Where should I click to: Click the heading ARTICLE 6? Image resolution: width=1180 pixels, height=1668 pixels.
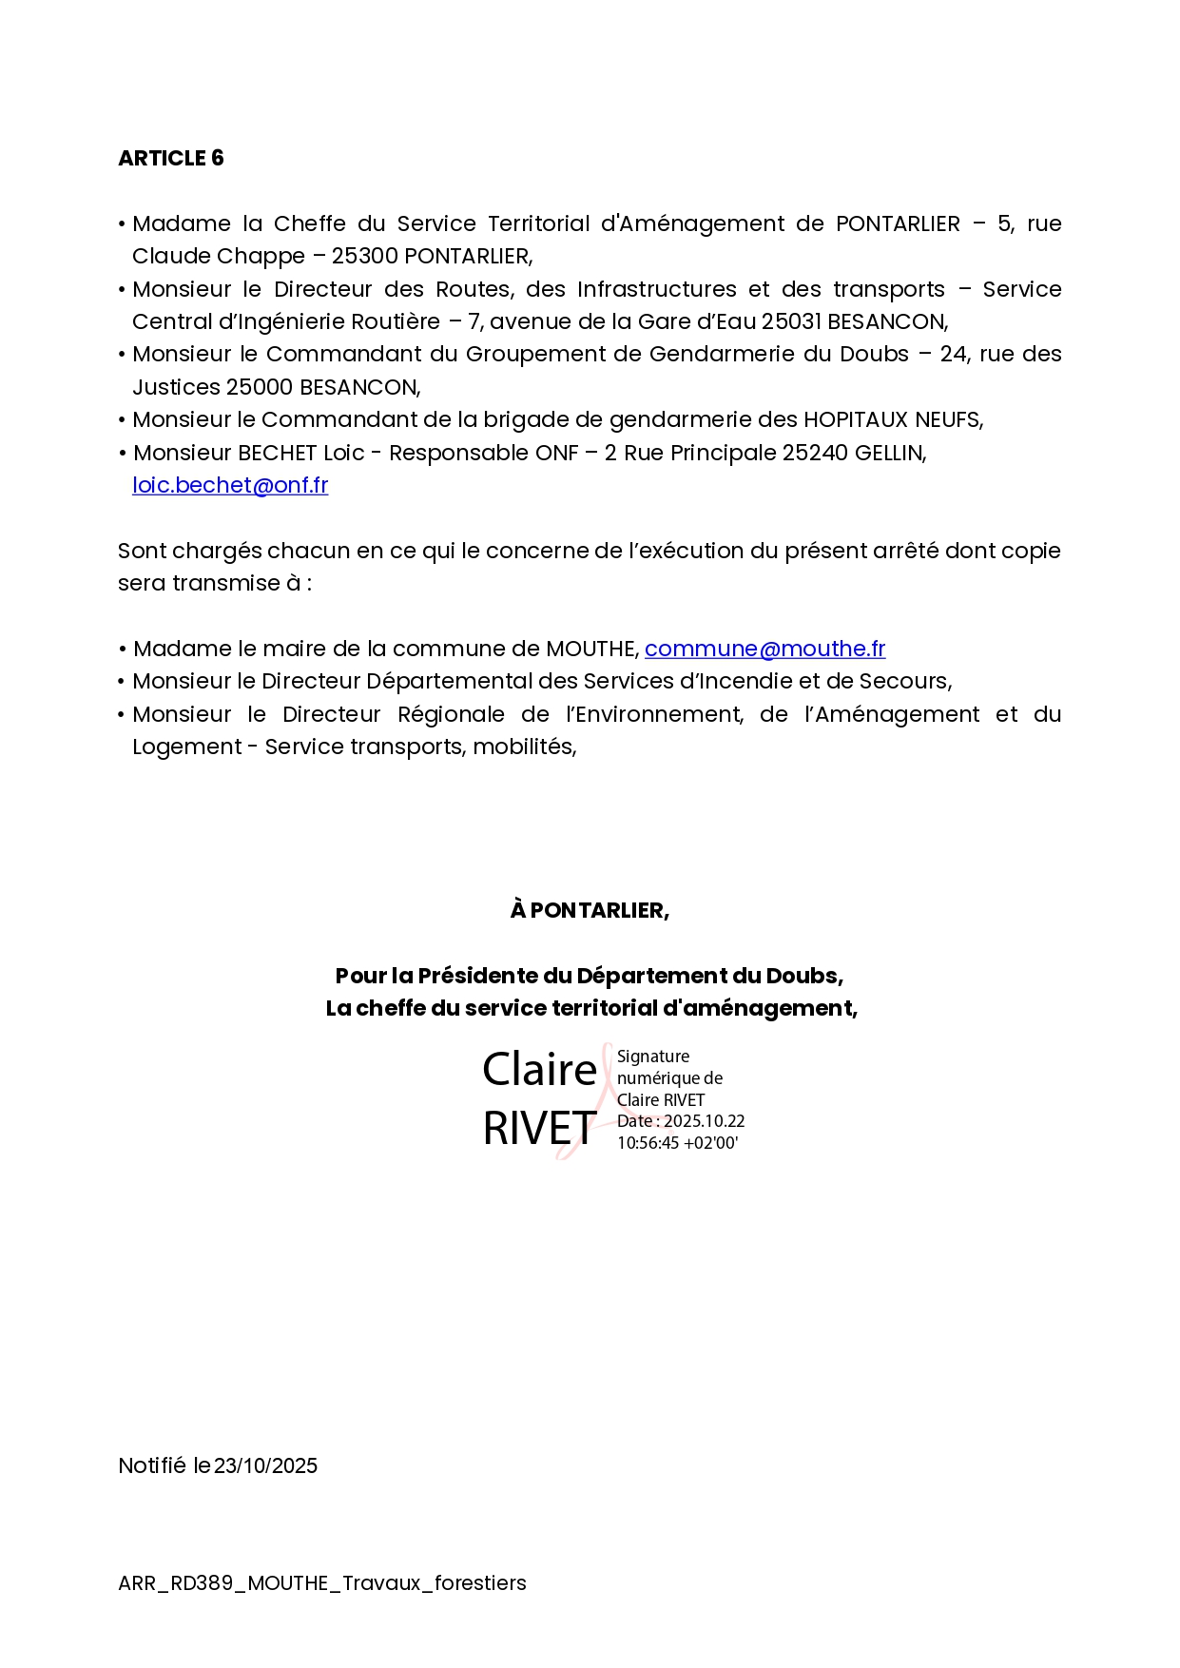click(x=170, y=158)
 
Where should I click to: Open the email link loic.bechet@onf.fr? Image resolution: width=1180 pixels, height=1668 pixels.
click(x=230, y=485)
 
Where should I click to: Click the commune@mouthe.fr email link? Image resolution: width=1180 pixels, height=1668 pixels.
click(x=764, y=649)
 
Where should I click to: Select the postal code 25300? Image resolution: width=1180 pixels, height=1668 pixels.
click(x=364, y=256)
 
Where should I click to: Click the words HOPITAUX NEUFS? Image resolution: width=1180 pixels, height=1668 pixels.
click(x=892, y=419)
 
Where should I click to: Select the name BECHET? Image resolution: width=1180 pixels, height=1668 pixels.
click(x=277, y=453)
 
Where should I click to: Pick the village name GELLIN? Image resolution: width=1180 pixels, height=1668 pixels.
click(x=888, y=453)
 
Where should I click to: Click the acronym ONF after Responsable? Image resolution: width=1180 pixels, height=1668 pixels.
click(x=556, y=453)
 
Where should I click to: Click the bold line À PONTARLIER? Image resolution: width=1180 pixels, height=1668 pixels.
click(x=590, y=910)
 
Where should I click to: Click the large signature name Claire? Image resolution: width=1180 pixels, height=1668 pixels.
click(x=539, y=1070)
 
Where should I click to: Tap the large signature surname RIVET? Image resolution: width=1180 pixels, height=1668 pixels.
click(x=539, y=1129)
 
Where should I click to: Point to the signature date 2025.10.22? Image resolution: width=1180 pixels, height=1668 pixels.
click(x=704, y=1121)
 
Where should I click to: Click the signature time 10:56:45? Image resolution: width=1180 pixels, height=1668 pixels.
click(x=648, y=1143)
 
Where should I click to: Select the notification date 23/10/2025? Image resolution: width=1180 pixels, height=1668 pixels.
click(x=265, y=1465)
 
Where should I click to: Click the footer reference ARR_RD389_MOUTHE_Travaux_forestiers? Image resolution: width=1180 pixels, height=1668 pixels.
click(x=321, y=1582)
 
